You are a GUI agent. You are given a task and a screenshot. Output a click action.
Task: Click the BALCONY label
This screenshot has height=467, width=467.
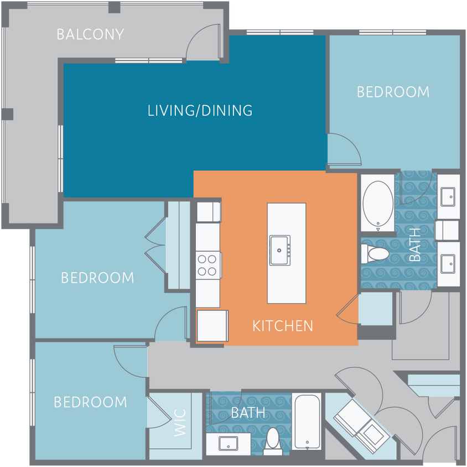90,34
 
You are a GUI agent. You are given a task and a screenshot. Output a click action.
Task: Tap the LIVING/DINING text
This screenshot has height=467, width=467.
200,110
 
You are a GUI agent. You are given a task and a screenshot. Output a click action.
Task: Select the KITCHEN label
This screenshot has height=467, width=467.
282,326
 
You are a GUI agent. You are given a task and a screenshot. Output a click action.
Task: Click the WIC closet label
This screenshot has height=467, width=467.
181,423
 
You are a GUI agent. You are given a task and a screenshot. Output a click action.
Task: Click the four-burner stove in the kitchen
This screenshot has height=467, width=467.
208,264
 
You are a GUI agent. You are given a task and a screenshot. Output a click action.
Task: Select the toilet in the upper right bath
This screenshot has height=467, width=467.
375,254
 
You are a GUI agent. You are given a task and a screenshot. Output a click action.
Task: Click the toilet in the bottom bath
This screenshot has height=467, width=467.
272,441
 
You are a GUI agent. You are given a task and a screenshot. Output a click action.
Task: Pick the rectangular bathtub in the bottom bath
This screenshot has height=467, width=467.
307,422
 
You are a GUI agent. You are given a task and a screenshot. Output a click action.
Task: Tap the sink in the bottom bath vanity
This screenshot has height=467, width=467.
228,443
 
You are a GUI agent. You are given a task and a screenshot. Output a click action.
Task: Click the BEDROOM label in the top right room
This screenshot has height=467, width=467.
393,92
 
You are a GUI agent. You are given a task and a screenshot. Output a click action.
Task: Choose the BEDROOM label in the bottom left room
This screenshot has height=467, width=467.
90,402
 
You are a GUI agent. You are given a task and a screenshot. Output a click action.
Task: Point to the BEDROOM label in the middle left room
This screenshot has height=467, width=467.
97,277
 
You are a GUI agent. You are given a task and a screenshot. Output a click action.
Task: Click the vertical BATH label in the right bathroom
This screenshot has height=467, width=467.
414,245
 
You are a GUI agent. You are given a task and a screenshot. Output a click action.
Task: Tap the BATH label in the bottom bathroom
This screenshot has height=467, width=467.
248,413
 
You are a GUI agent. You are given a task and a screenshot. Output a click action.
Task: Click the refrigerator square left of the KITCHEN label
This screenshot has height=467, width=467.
212,325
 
